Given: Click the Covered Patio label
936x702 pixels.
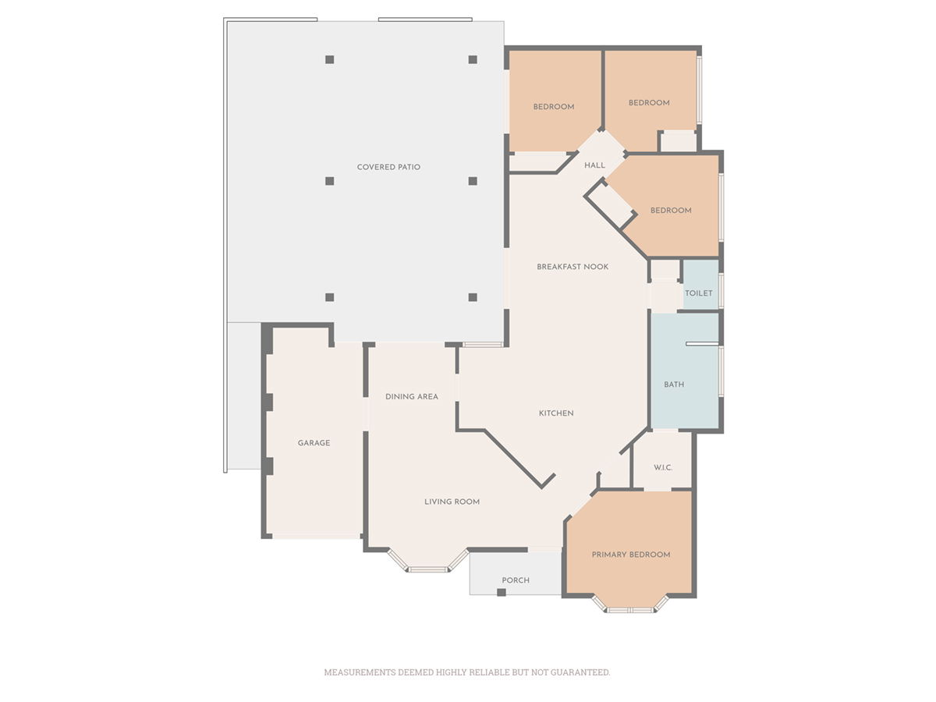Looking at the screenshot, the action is coord(388,167).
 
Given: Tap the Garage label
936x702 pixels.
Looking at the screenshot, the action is coord(314,443).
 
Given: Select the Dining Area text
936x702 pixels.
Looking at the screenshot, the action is coord(412,397).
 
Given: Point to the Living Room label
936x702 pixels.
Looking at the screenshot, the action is coord(452,502).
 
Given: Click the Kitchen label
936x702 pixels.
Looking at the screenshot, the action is coord(556,413).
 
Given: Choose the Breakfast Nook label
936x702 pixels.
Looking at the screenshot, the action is coord(573,267).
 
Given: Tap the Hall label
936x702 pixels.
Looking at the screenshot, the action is coord(594,165).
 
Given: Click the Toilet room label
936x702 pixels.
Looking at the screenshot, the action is coord(698,293).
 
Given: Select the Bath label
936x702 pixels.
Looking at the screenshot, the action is coord(674,385).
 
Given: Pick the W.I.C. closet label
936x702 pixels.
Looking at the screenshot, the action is coord(663,467).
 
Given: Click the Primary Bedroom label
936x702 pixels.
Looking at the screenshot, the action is coord(631,555).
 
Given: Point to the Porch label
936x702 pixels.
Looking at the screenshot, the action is coord(516,580).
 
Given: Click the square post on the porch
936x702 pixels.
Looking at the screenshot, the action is coord(502,592).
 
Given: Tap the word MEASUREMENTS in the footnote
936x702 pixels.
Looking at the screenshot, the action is coord(360,672).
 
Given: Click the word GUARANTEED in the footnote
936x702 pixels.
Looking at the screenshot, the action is coord(580,672).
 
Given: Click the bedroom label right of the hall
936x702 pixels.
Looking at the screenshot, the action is coord(671,211).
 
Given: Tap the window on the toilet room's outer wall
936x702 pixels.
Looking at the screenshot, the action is coord(721,291).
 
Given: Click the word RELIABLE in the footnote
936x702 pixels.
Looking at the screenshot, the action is coord(490,672).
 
